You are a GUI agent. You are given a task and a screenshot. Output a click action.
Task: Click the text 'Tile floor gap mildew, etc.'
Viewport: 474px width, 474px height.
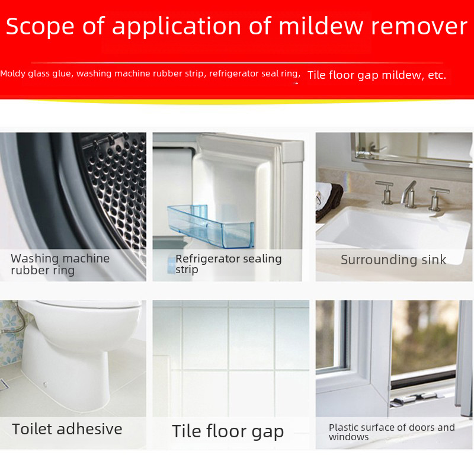click(x=376, y=75)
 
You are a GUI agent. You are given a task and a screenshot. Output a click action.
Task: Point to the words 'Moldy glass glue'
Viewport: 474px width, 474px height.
click(x=36, y=74)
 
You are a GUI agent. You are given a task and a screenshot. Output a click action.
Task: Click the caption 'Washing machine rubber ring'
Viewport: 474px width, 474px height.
click(x=60, y=265)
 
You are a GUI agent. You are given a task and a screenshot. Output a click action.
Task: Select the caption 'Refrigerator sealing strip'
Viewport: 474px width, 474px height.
click(x=228, y=264)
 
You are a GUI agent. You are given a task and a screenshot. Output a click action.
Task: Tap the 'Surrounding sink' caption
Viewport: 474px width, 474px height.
click(x=393, y=260)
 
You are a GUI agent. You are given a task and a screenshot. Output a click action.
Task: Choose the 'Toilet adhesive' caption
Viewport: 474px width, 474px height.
click(x=67, y=429)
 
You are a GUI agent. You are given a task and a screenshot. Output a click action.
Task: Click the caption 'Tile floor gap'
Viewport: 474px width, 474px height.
click(x=228, y=431)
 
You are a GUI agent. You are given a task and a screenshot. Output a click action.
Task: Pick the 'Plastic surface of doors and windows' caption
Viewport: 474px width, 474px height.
click(x=392, y=432)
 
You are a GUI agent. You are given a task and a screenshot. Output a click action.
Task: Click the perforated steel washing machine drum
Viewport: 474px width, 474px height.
click(x=116, y=190)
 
